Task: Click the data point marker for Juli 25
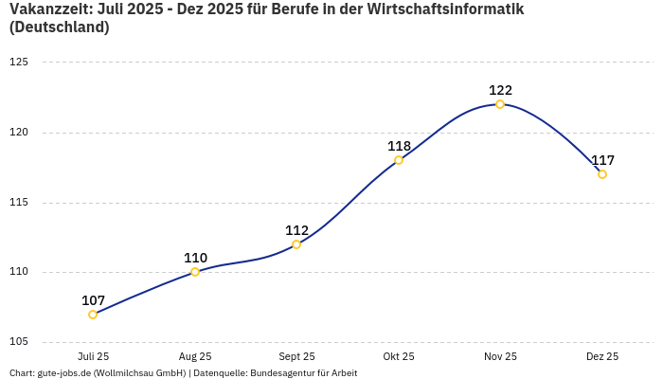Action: click(x=93, y=315)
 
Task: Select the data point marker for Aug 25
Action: click(x=195, y=272)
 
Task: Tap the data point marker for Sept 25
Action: click(x=296, y=244)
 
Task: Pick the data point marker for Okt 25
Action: click(x=399, y=160)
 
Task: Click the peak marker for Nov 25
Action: click(x=500, y=104)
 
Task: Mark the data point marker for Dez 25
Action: click(x=602, y=174)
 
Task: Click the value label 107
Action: click(x=93, y=300)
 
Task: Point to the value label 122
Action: click(x=500, y=90)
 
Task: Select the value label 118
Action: click(x=399, y=146)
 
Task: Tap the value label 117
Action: click(x=602, y=160)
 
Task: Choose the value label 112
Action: click(x=296, y=230)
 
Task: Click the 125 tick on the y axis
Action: click(x=19, y=63)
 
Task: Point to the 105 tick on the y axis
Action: click(x=19, y=342)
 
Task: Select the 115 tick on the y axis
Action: click(x=19, y=203)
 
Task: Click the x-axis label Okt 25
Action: click(x=399, y=357)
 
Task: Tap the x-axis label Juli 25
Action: click(x=93, y=357)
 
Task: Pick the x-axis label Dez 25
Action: click(x=602, y=357)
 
